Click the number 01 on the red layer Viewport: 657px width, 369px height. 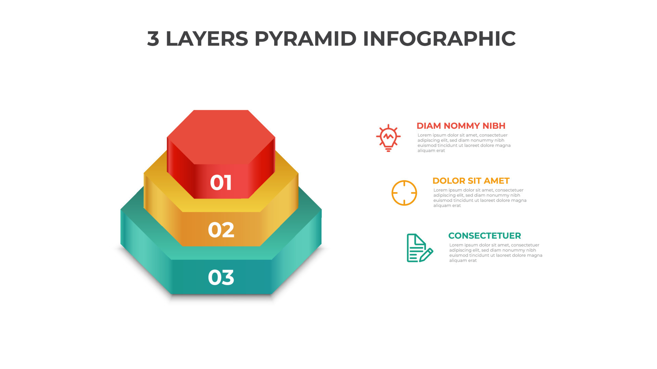click(221, 182)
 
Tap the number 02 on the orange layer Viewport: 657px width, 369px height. click(221, 230)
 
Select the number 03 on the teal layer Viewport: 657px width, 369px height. click(221, 277)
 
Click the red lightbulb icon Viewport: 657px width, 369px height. click(388, 138)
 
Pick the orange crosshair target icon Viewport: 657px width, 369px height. click(404, 193)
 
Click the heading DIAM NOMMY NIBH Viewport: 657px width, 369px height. click(461, 126)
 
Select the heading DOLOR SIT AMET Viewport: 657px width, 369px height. click(471, 181)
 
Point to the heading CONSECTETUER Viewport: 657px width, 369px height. click(485, 236)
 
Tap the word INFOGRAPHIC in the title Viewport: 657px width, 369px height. click(439, 39)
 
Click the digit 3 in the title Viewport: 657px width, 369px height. click(153, 39)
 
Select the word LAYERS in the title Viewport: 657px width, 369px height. click(207, 39)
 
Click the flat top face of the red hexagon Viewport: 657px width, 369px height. click(221, 137)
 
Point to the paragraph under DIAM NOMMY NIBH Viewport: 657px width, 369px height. click(464, 143)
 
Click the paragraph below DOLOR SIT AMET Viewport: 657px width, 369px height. click(480, 198)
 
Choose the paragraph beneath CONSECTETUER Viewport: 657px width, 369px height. click(495, 253)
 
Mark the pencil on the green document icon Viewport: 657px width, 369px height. click(426, 255)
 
